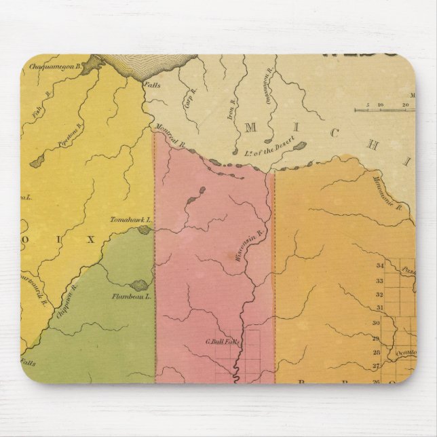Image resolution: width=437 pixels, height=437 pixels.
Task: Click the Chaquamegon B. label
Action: point(55,66)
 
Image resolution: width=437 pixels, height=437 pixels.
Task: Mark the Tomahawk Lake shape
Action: point(144,231)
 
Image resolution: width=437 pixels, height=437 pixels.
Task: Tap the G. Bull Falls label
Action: point(223,341)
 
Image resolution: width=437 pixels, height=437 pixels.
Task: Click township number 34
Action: point(380,265)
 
